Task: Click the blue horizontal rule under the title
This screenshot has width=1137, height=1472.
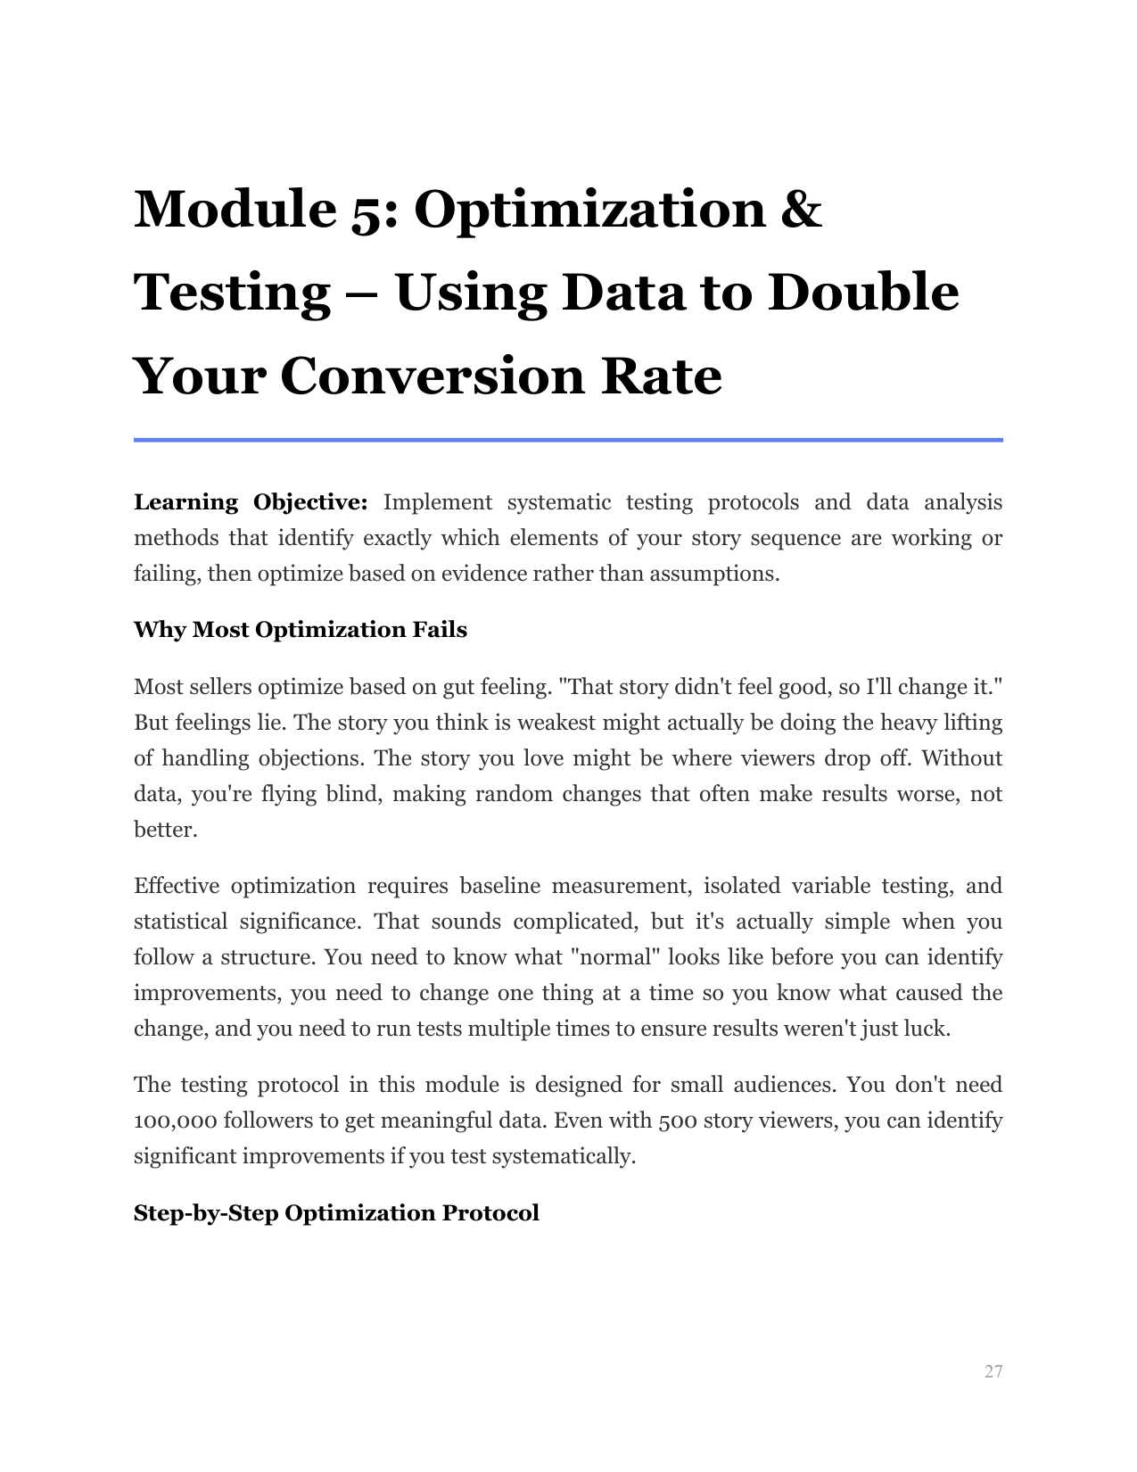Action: (568, 440)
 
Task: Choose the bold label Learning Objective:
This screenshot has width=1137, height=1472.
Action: (251, 502)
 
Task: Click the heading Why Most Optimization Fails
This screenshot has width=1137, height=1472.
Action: (300, 630)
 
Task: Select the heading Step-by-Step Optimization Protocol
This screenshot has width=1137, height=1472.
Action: (336, 1213)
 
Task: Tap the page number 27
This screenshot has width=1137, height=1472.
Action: (993, 1372)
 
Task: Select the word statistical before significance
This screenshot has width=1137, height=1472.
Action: (177, 922)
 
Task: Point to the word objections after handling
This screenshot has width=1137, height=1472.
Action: (311, 758)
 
